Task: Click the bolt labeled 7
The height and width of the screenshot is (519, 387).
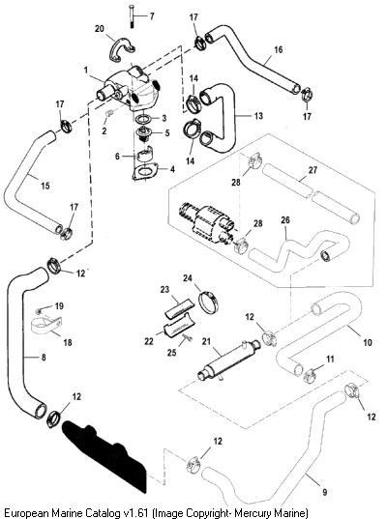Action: (131, 17)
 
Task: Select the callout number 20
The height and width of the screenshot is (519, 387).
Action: (100, 29)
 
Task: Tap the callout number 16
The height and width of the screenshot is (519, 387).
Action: (279, 49)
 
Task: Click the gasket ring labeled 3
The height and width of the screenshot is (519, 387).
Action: (143, 119)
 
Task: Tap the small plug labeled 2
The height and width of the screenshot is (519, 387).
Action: (110, 113)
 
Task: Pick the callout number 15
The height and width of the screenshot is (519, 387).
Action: (45, 186)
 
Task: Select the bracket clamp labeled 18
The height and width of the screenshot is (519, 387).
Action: (46, 326)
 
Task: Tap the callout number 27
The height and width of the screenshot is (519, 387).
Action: (313, 170)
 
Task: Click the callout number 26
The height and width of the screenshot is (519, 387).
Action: (285, 219)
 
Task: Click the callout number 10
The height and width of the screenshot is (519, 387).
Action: (368, 342)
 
